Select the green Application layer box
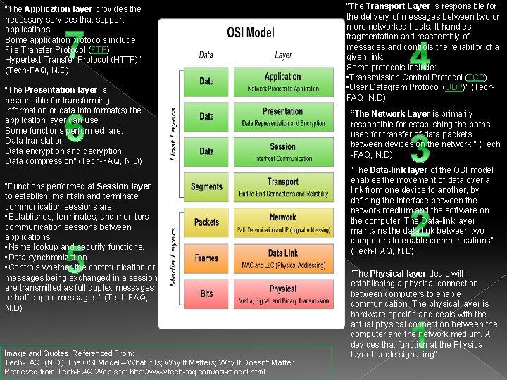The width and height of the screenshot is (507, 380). [x=283, y=81]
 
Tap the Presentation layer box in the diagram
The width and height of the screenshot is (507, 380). [x=283, y=116]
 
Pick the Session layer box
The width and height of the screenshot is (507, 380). [x=283, y=151]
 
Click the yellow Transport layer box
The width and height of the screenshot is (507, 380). [x=283, y=187]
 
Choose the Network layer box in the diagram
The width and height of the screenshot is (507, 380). [x=283, y=222]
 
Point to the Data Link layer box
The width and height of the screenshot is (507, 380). [x=283, y=258]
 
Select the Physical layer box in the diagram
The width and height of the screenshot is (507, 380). [x=283, y=293]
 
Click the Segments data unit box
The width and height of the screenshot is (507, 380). [x=206, y=187]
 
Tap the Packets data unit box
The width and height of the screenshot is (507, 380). [x=206, y=222]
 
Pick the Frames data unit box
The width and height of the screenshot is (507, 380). [x=206, y=258]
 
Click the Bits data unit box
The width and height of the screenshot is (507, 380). [x=206, y=293]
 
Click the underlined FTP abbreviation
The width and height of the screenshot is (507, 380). [x=98, y=50]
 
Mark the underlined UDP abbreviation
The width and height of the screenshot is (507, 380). [x=453, y=87]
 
